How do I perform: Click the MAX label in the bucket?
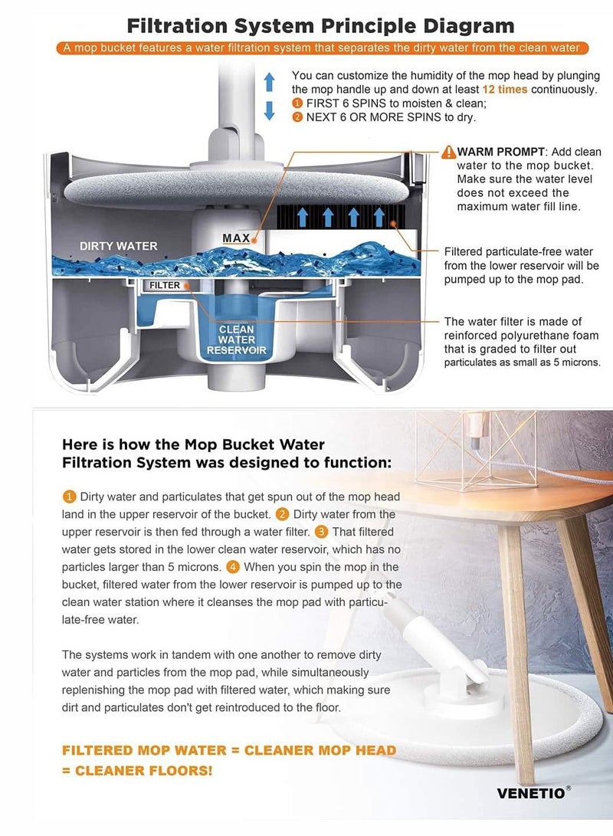click(236, 238)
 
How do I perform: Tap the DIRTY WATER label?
click(118, 246)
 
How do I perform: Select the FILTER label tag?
click(165, 285)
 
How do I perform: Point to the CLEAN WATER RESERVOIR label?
click(237, 340)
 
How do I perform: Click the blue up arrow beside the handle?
click(270, 81)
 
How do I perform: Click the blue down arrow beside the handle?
click(270, 110)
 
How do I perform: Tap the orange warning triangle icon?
click(449, 152)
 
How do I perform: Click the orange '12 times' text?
click(505, 90)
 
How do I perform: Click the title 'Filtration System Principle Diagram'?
click(320, 25)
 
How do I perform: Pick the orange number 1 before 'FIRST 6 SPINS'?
click(297, 103)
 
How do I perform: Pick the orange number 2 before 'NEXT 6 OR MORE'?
click(297, 117)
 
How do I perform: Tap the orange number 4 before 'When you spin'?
click(232, 567)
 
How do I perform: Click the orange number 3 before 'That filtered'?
click(321, 532)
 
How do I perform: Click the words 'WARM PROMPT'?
click(501, 152)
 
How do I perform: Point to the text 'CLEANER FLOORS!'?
click(143, 771)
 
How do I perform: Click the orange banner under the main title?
click(322, 48)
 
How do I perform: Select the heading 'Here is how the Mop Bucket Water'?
click(194, 444)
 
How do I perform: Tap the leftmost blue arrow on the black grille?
click(303, 217)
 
